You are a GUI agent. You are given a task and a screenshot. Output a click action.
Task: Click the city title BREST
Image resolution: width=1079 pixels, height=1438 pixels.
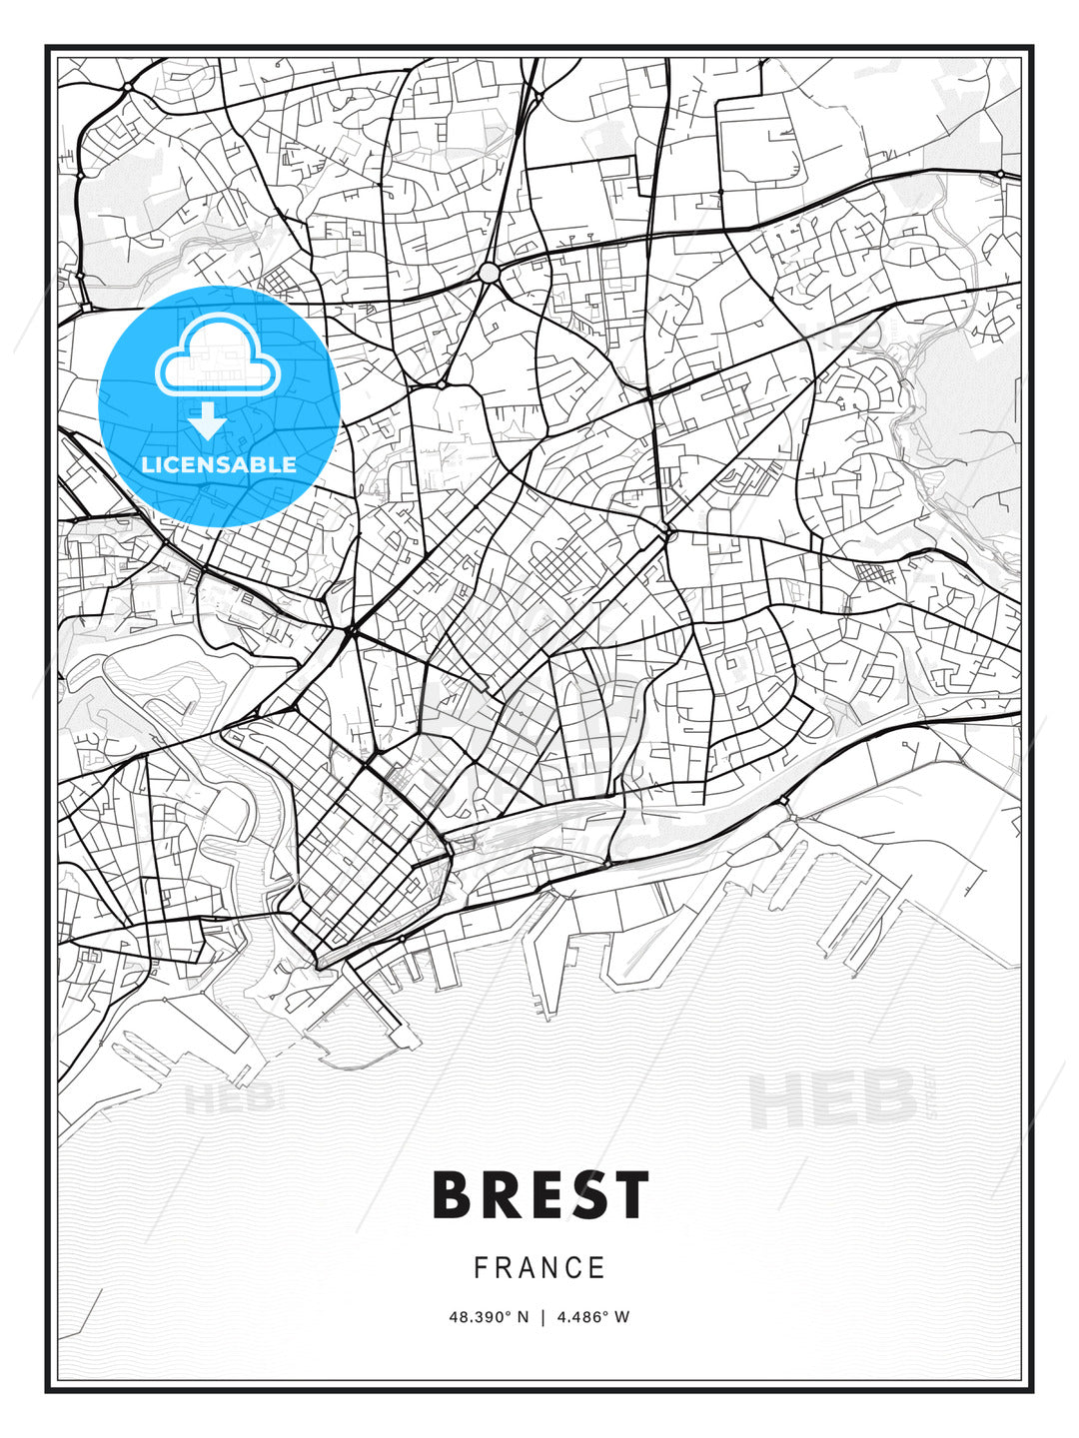[540, 1195]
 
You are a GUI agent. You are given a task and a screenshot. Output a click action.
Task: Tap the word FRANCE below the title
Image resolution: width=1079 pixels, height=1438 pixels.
[539, 1268]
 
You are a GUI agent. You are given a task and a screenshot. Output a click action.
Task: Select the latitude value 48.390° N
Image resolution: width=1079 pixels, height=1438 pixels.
[488, 1317]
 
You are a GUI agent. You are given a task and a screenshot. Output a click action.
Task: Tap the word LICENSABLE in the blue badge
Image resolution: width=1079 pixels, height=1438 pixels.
[219, 464]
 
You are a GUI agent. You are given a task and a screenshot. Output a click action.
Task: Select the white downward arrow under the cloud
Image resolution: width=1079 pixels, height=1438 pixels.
[208, 420]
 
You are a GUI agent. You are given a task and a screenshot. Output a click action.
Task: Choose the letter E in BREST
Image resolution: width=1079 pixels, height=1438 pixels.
[541, 1195]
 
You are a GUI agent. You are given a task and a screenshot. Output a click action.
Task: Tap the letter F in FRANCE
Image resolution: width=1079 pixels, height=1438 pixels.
[481, 1268]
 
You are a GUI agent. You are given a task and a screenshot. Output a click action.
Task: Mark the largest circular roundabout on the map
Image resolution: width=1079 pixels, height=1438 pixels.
[489, 273]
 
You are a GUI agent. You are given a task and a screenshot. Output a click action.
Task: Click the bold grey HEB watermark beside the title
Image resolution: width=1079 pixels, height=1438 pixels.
[832, 1096]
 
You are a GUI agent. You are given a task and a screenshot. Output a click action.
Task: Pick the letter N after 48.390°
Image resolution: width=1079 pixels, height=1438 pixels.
[522, 1317]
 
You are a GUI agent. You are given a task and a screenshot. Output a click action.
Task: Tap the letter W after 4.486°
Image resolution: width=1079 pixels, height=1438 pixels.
[622, 1317]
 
